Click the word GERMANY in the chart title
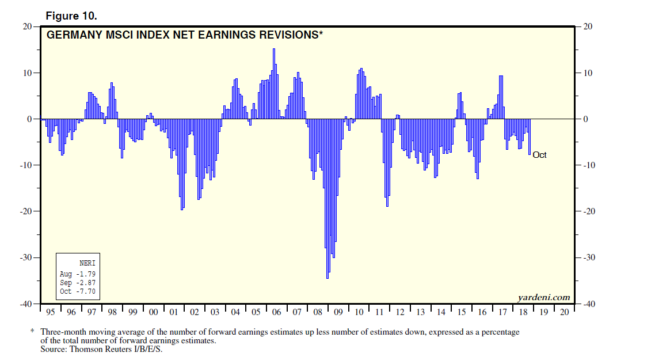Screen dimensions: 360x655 pos(72,35)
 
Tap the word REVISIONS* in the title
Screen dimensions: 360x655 pos(288,35)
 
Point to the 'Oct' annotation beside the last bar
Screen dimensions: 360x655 pos(539,154)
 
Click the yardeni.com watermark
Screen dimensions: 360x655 pos(543,297)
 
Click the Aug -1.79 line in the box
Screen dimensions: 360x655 pos(77,274)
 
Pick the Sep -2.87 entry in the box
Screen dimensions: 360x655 pos(77,283)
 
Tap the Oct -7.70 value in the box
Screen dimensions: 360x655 pos(77,291)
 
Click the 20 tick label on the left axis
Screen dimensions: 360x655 pos(27,26)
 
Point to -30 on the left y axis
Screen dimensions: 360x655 pos(25,257)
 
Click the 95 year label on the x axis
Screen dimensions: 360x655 pos(51,312)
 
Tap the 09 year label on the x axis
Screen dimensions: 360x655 pos(338,312)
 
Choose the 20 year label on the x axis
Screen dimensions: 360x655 pos(564,312)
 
